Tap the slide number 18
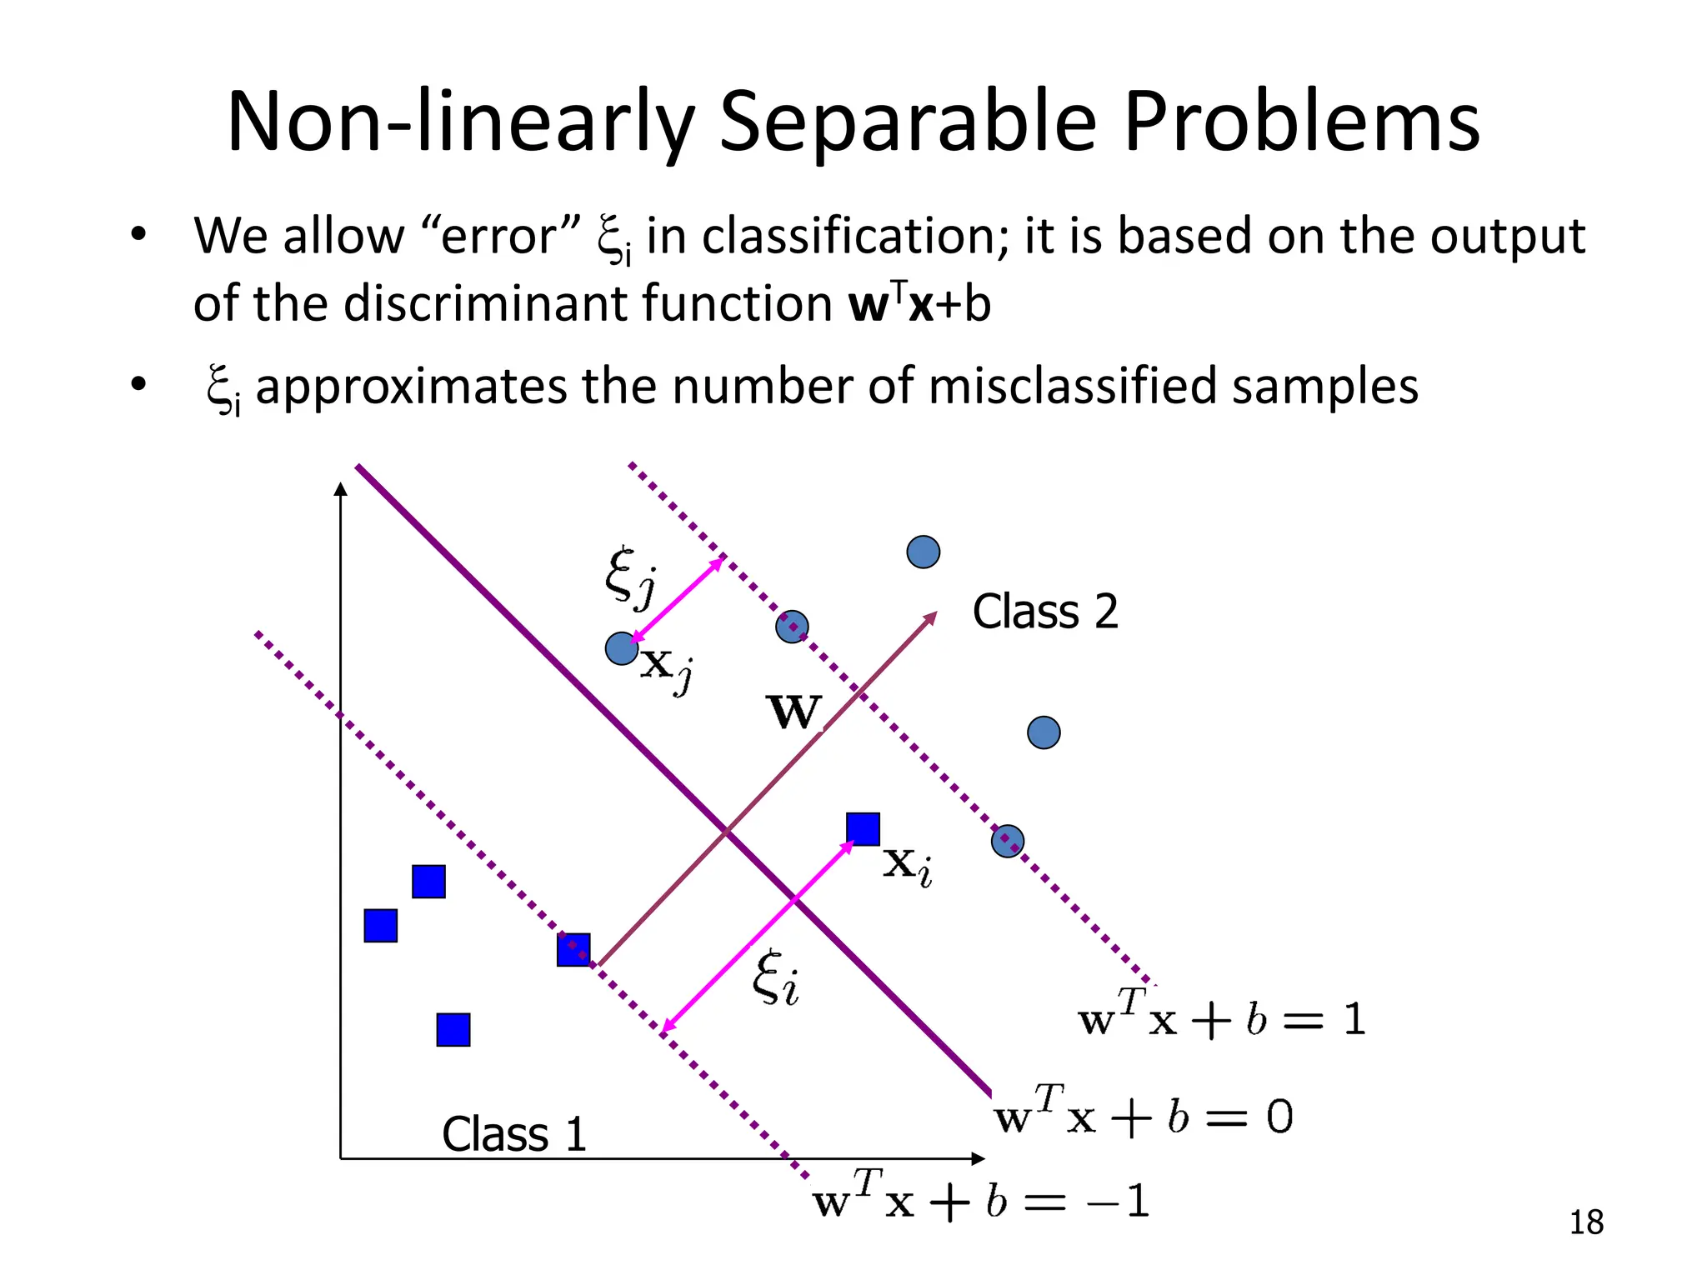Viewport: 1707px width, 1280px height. coord(1585,1222)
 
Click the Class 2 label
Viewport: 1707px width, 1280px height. coord(1044,612)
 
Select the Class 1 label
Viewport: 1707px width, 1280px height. coord(513,1134)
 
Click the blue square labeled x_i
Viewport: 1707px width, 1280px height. coord(863,829)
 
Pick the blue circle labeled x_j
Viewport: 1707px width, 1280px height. coord(621,648)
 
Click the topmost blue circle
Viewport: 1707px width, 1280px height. coord(923,552)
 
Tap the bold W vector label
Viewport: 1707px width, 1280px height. coord(793,712)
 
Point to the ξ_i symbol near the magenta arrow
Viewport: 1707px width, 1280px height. coord(775,978)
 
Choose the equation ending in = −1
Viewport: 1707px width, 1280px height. coord(980,1201)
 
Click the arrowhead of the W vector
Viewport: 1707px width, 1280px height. coord(931,617)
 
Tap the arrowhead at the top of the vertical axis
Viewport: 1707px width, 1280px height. coord(340,488)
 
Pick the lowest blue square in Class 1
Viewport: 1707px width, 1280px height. coord(453,1030)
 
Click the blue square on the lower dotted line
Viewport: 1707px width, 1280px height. coord(573,949)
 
